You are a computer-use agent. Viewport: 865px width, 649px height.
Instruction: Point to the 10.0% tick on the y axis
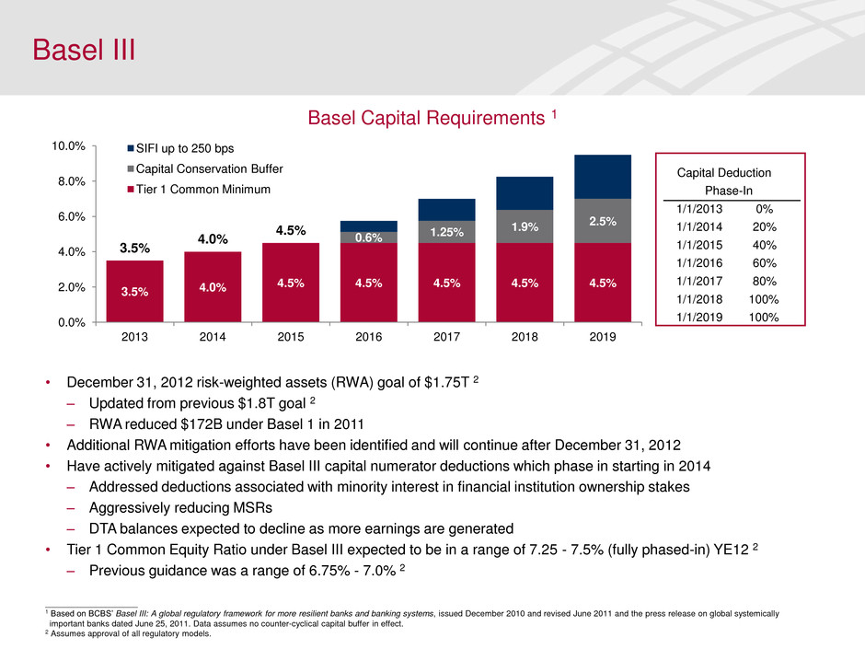pyautogui.click(x=69, y=146)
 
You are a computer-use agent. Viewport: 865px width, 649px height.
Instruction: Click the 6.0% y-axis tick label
pyautogui.click(x=72, y=216)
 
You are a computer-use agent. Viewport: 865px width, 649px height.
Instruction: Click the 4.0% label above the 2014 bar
pyautogui.click(x=213, y=240)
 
